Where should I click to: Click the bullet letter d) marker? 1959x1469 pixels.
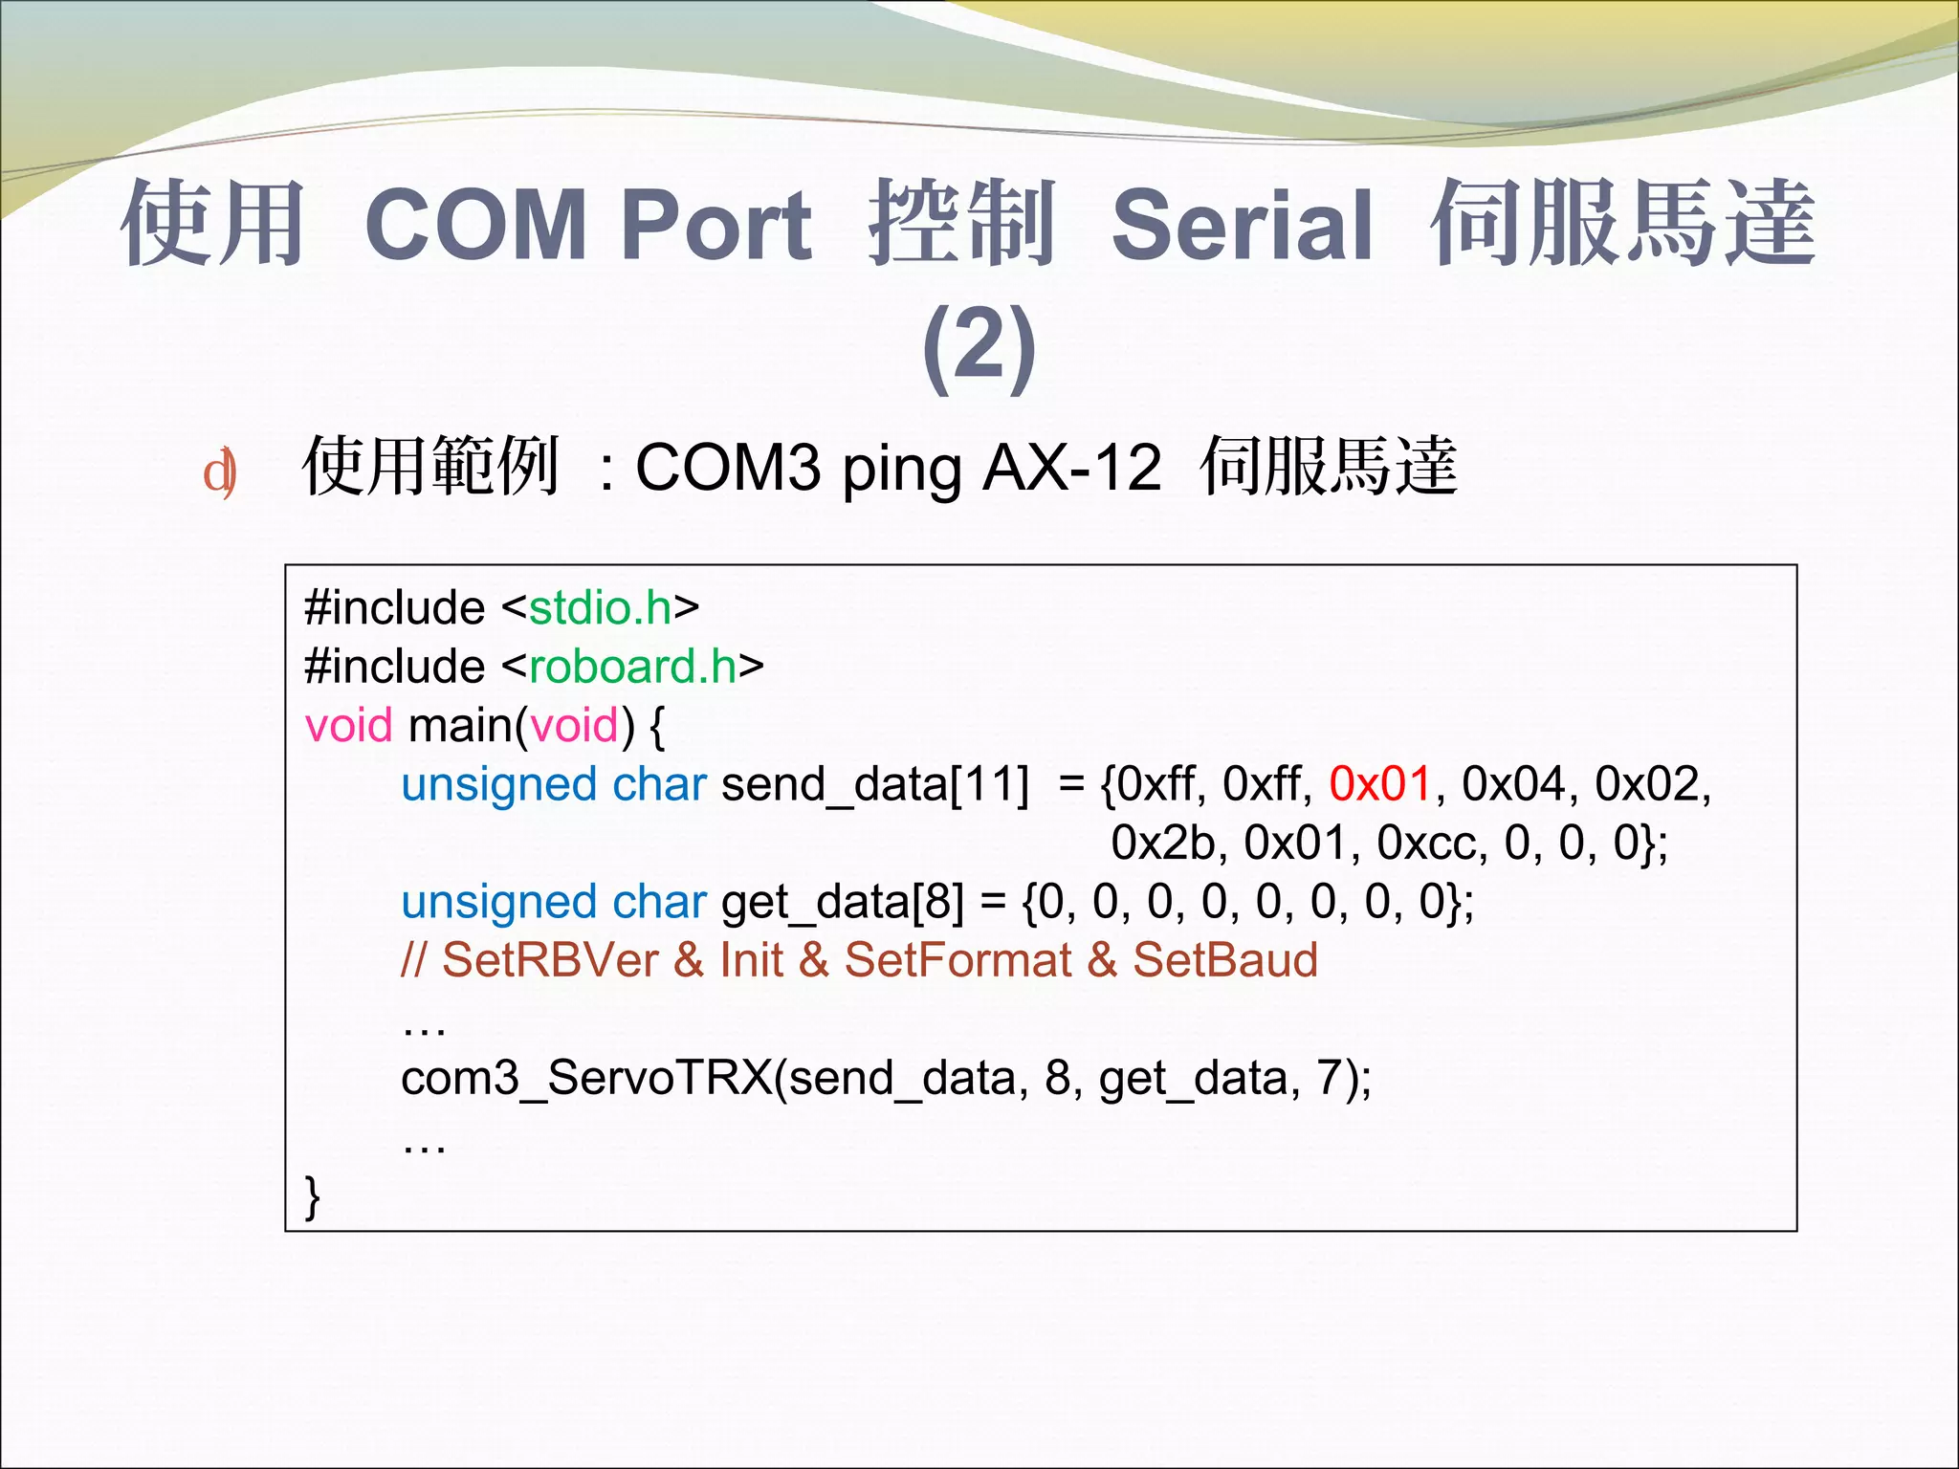(220, 472)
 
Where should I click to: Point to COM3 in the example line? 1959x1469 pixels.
(727, 469)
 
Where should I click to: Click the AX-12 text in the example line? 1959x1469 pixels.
(1071, 469)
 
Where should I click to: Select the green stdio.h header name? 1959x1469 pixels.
(601, 608)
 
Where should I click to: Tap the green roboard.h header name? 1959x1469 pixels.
(632, 667)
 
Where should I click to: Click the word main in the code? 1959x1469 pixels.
(460, 726)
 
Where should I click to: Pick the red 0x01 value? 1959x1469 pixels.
(1379, 784)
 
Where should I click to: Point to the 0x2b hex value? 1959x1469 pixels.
(1162, 844)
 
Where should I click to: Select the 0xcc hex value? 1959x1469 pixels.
(1431, 844)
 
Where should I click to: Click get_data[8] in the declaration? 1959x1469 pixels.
(842, 903)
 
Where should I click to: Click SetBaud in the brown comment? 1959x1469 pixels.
(1224, 960)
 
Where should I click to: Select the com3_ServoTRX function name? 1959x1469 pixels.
(586, 1079)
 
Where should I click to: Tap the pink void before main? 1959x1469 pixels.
(348, 726)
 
